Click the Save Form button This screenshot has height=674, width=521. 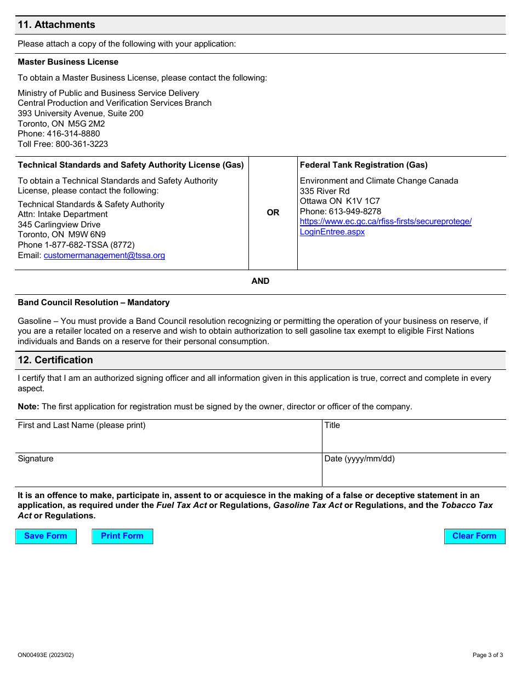[x=46, y=536]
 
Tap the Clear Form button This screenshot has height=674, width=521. [x=474, y=536]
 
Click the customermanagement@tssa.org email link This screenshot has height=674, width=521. [x=104, y=255]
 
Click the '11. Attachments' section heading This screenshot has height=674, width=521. [x=56, y=25]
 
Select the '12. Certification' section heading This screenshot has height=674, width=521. [x=55, y=360]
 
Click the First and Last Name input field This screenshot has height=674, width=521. [x=168, y=441]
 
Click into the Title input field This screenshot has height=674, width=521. [x=414, y=441]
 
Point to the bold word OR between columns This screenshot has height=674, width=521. [x=273, y=213]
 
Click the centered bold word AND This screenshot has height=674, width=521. [x=260, y=281]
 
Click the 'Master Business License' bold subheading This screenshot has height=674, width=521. [x=68, y=62]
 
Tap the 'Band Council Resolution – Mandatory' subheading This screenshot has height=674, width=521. [x=94, y=302]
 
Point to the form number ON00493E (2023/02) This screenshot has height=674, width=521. [x=46, y=655]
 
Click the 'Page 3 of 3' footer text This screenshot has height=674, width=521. [x=488, y=655]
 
